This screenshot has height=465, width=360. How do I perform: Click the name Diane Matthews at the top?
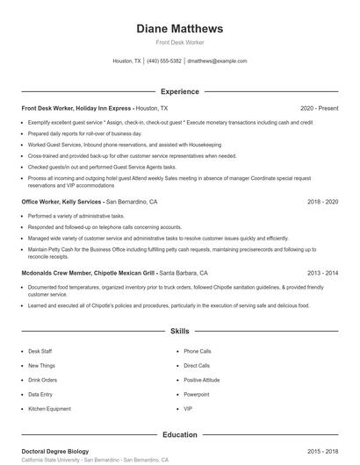[x=180, y=28]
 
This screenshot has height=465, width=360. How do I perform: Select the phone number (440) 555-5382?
[x=164, y=61]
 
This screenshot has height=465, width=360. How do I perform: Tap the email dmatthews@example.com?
[x=217, y=61]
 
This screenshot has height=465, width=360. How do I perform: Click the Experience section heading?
[x=180, y=91]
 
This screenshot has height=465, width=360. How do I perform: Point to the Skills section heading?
[x=180, y=332]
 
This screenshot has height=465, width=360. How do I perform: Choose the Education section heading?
[x=180, y=434]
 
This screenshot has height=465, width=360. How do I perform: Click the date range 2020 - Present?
[x=319, y=108]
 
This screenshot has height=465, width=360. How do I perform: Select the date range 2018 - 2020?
[x=322, y=201]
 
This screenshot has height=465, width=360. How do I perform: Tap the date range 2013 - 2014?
[x=322, y=273]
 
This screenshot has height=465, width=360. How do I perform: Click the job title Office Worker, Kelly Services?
[x=61, y=201]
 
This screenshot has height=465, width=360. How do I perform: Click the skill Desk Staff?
[x=40, y=351]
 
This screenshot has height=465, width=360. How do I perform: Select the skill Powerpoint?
[x=198, y=394]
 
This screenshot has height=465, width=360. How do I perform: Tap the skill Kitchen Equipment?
[x=49, y=409]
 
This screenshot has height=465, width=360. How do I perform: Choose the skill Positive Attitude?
[x=203, y=380]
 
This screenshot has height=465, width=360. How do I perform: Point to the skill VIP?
[x=188, y=409]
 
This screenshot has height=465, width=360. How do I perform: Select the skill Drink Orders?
[x=43, y=380]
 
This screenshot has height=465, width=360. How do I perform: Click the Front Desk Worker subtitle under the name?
[x=180, y=42]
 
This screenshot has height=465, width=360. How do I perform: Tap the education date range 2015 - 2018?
[x=322, y=451]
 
